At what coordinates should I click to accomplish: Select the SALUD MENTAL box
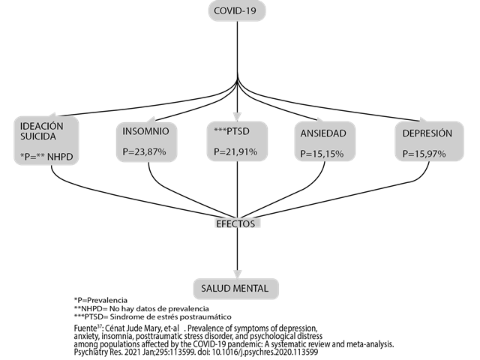click(235, 289)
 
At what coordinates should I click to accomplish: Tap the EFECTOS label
click(235, 223)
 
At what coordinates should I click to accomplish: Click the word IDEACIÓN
click(42, 127)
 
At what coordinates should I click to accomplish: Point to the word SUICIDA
click(38, 137)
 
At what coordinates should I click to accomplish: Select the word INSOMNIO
click(145, 132)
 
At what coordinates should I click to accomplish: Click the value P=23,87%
click(144, 152)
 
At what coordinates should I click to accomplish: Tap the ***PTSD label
click(232, 131)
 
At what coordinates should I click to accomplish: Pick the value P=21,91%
click(235, 151)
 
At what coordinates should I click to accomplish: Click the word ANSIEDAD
click(323, 133)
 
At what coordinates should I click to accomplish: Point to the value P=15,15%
click(322, 154)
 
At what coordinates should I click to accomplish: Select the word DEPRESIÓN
click(427, 133)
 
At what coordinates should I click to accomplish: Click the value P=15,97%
click(424, 154)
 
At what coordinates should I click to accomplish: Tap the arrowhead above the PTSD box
click(238, 116)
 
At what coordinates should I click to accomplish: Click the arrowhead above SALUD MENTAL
click(238, 274)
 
